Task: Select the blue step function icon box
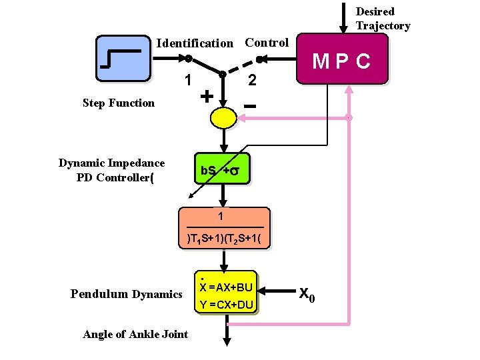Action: tap(123, 59)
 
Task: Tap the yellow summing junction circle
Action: tap(223, 118)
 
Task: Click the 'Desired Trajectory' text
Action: tap(382, 19)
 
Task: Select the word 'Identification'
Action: tap(195, 43)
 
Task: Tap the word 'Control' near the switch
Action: tap(267, 43)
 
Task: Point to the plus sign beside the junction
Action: tap(207, 97)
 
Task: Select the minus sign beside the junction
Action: tap(250, 106)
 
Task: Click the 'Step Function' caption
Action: tap(118, 103)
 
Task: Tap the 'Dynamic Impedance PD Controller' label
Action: tap(112, 170)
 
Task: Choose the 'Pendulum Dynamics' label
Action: tap(126, 294)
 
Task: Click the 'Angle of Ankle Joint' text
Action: tap(135, 334)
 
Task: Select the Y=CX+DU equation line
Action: tap(226, 305)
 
